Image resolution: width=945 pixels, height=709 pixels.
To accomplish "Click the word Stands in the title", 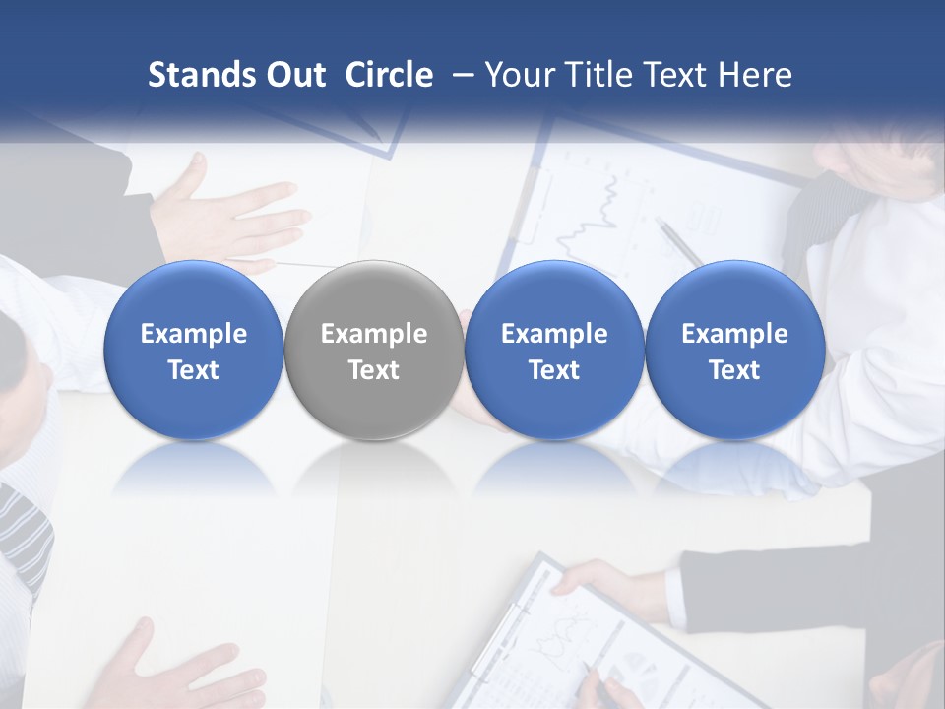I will pos(198,75).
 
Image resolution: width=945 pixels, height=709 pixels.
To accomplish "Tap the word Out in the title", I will pos(292,75).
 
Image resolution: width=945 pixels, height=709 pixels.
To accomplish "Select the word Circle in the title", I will pos(389,75).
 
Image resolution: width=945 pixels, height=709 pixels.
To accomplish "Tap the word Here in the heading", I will pos(755,75).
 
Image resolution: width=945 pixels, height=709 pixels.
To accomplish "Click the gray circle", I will pos(374,350).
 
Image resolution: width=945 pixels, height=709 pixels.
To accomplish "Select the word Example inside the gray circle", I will pos(374,334).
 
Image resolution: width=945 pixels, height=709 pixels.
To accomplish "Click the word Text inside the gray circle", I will pos(374,370).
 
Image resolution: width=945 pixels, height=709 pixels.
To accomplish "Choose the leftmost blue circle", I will pos(194,350).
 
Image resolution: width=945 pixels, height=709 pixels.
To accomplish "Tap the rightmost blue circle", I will pos(734,350).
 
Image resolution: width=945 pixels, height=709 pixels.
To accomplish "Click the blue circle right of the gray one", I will pos(554,350).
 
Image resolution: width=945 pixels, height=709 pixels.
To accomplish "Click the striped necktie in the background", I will pos(24,532).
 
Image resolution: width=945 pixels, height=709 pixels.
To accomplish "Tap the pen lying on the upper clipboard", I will pos(679,242).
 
